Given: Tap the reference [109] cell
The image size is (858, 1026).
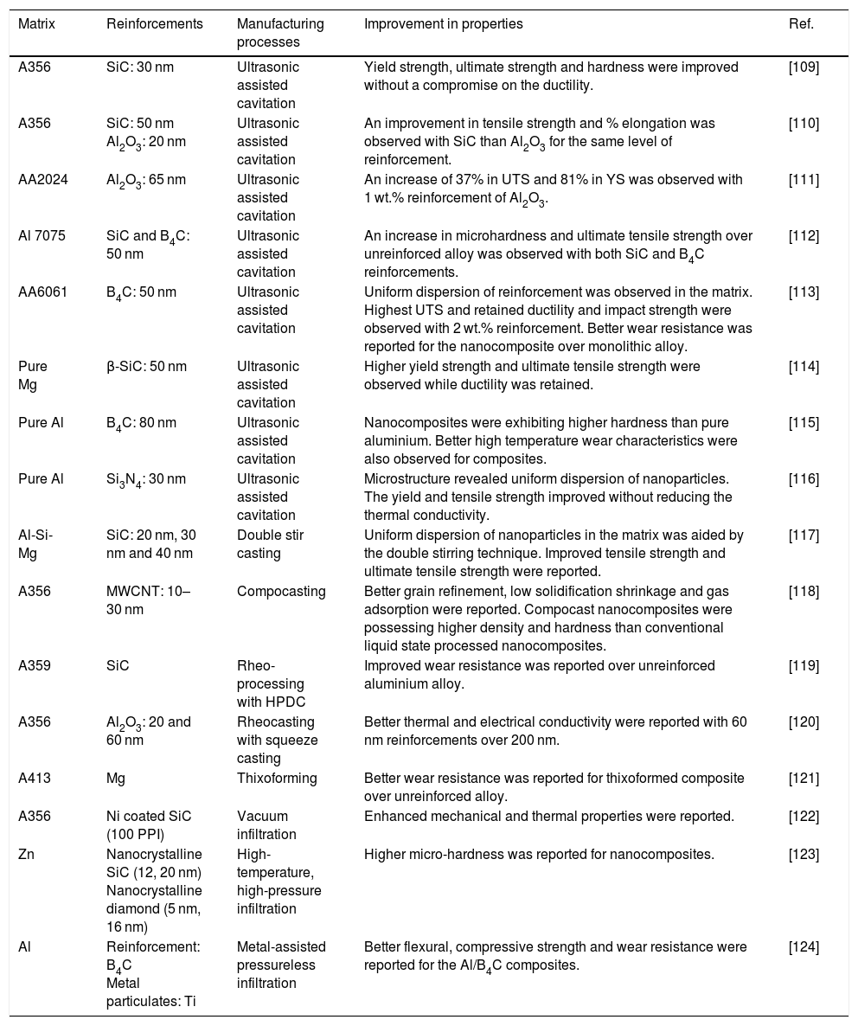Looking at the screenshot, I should (804, 67).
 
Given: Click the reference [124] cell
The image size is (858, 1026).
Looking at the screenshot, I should (804, 948).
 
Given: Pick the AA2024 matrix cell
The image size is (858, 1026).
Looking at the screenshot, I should (42, 179).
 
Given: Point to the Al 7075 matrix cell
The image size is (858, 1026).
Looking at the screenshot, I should (42, 236).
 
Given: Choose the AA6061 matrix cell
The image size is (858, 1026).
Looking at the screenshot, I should (42, 292).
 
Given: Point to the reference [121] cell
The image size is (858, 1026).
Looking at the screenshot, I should (804, 778).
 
